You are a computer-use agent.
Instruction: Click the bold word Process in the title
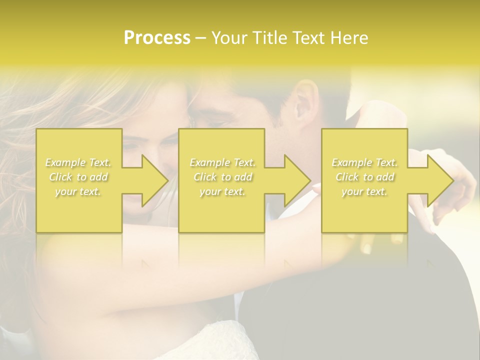157,38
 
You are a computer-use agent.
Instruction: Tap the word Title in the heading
268,38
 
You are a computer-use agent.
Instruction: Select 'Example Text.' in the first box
78,162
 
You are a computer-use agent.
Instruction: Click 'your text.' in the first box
78,191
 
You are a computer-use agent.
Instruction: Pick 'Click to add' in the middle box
222,177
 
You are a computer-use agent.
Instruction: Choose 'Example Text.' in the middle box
222,162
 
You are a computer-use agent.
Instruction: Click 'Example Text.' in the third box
364,162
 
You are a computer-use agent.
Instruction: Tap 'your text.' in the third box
364,191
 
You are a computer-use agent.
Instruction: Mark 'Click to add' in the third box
364,177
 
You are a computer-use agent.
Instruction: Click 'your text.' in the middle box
222,191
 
